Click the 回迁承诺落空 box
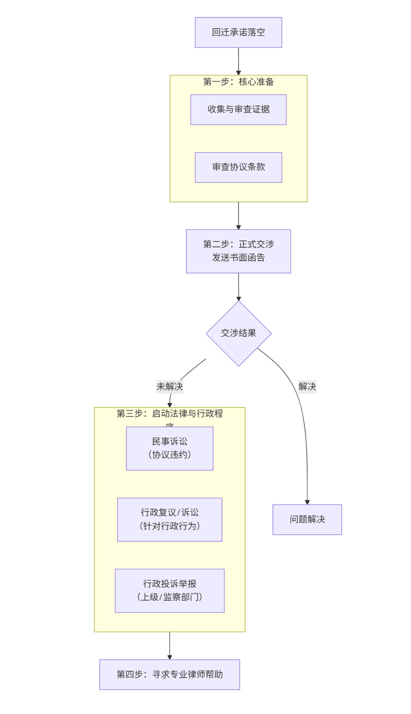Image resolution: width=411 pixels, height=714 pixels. coord(238,32)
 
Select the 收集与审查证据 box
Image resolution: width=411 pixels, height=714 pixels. coord(238,109)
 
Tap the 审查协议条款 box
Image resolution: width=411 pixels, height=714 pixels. coord(238,167)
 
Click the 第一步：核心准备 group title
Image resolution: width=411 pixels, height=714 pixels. coord(238,82)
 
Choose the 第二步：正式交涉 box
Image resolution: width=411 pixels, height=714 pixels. coord(238,251)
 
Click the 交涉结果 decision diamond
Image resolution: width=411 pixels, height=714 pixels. coord(238,333)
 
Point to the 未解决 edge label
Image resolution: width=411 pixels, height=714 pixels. coord(170,387)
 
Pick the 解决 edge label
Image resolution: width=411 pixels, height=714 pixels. coord(307,387)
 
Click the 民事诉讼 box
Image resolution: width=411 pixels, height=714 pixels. coord(170,448)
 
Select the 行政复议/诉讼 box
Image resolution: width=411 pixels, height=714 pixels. coord(170,519)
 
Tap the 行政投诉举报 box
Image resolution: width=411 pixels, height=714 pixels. coord(170,590)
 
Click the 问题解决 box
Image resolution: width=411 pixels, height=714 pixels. coord(307,519)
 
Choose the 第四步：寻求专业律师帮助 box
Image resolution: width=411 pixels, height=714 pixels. coord(170,674)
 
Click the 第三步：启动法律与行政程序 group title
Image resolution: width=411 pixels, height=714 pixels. coord(170,414)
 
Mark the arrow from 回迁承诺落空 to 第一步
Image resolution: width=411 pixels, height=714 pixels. coord(238,61)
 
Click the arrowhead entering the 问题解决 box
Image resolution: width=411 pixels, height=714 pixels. coord(307,501)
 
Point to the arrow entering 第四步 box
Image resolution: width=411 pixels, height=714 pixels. coord(170,646)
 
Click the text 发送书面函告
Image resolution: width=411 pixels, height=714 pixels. coord(238,258)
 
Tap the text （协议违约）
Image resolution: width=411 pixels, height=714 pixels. coord(170,455)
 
